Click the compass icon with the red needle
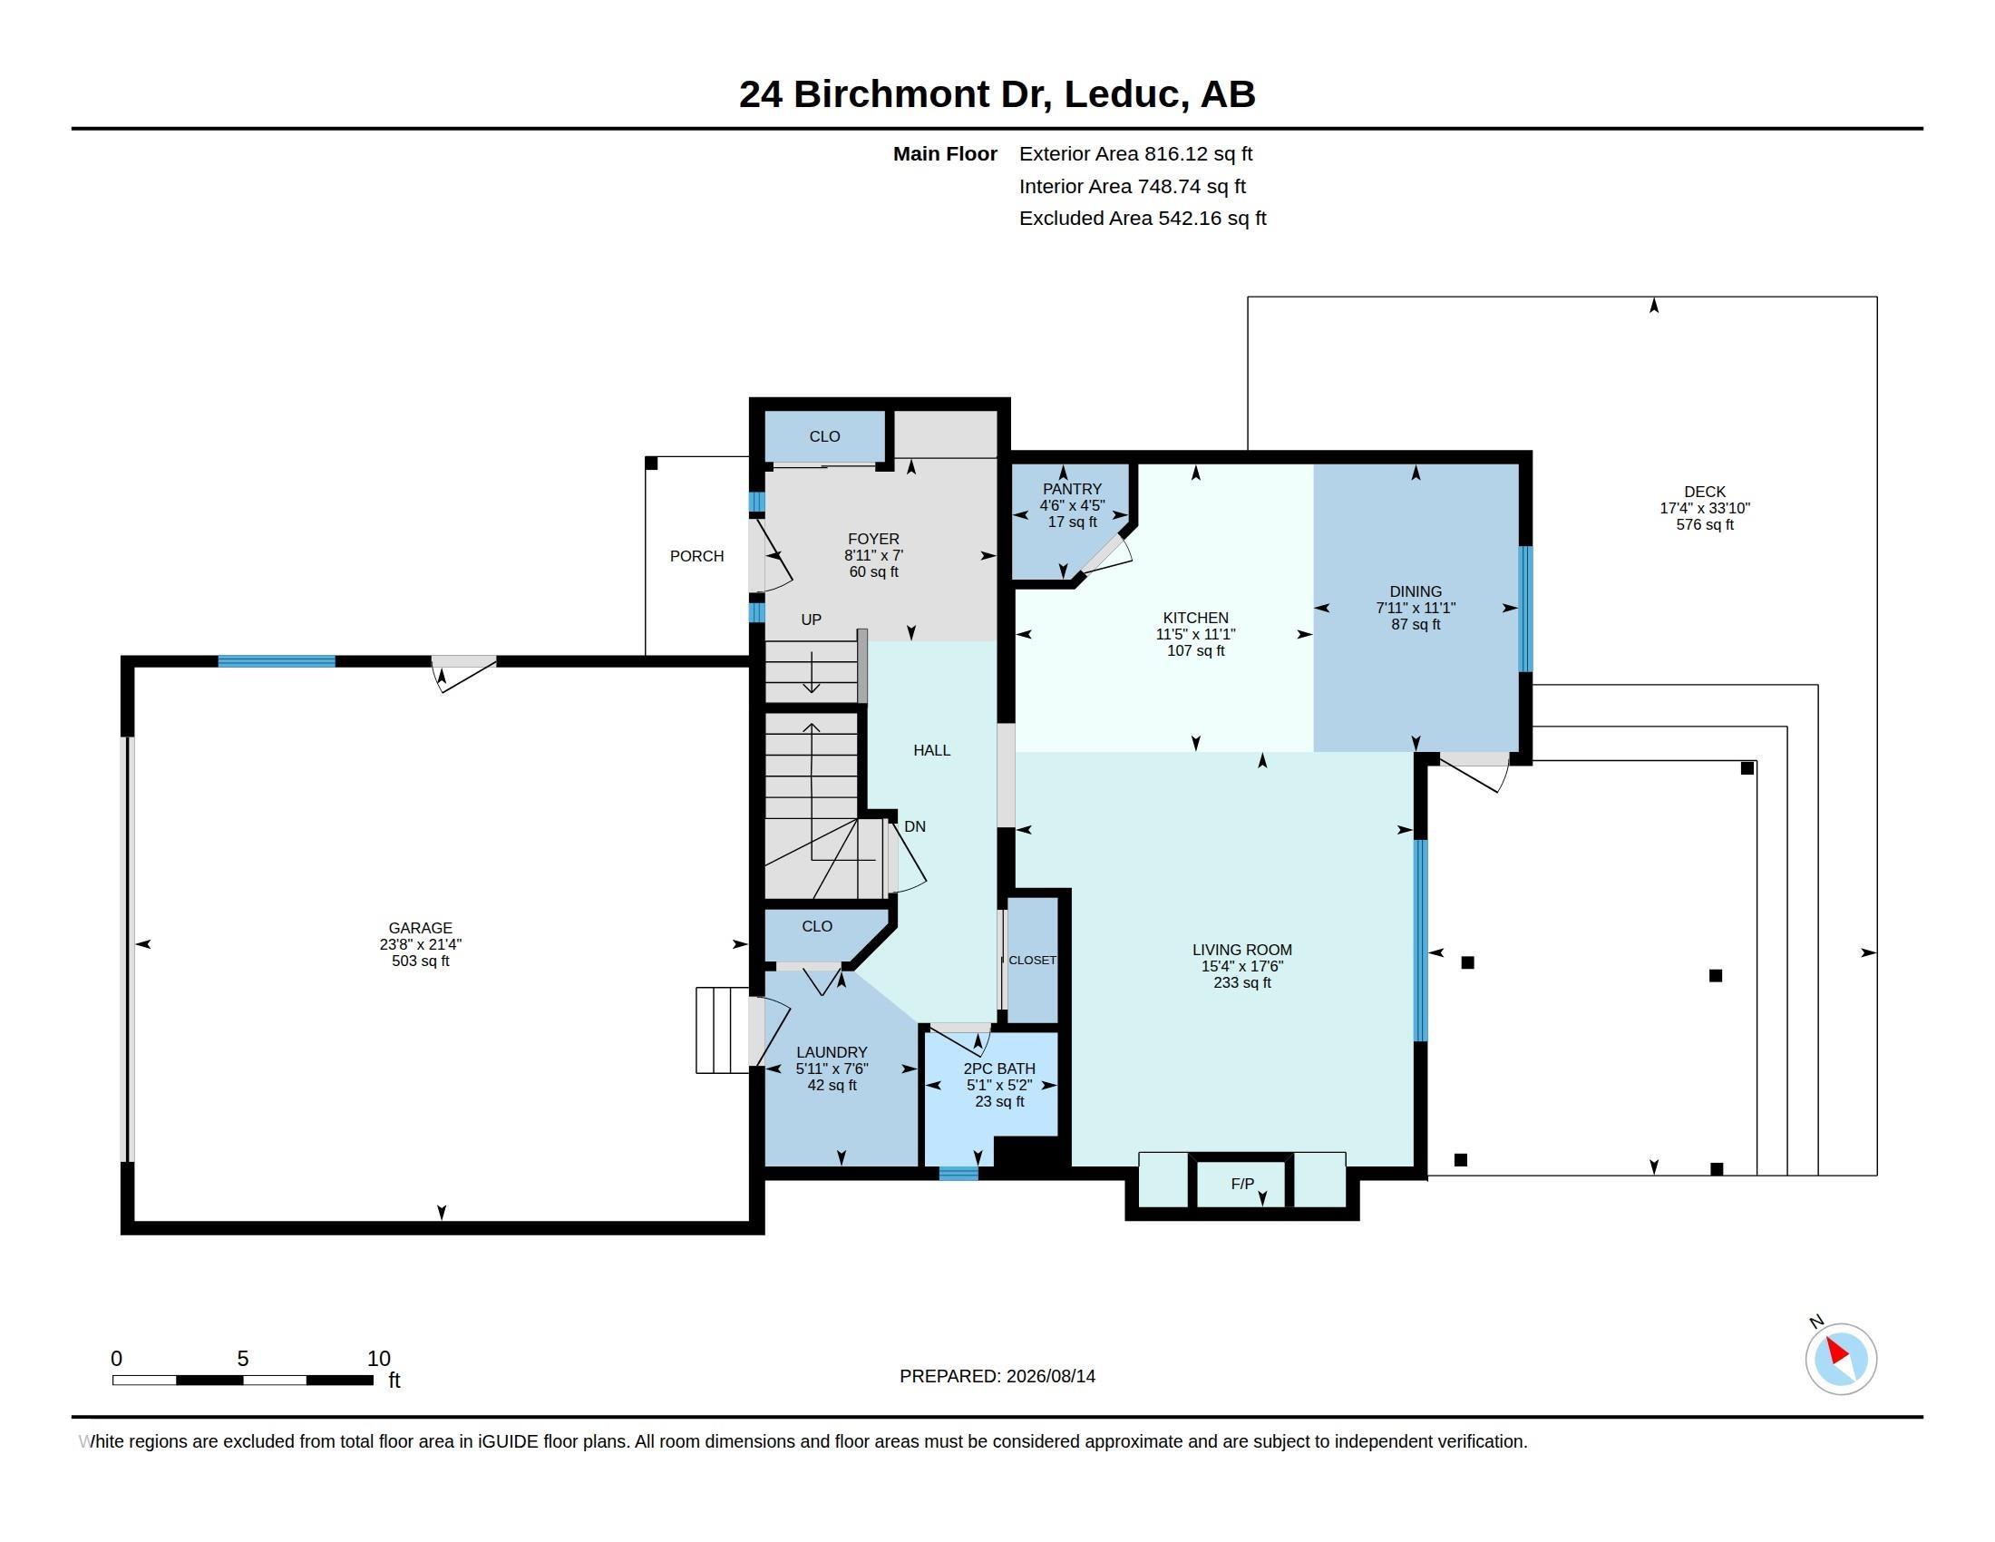1841,1359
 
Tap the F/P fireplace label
1242,1184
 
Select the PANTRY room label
1073,489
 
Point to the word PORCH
697,556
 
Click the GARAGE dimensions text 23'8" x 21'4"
420,944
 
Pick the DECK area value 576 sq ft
1705,524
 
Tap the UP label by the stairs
812,620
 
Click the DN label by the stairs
915,826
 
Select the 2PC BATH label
999,1069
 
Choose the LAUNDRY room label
832,1052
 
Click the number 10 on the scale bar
378,1359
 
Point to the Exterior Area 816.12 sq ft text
1136,154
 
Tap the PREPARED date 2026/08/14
1050,1376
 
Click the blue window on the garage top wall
277,661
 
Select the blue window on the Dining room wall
1524,610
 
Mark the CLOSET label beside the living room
1032,960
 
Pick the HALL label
931,750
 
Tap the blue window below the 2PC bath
959,1174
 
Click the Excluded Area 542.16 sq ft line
1143,219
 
